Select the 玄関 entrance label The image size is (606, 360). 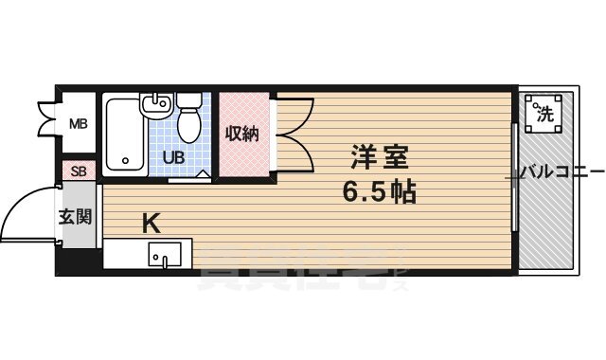[x=78, y=217]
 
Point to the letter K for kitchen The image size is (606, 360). [x=151, y=224]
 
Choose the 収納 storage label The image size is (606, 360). [x=241, y=134]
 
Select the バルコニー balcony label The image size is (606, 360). [x=561, y=173]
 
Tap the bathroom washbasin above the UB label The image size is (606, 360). [x=155, y=107]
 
